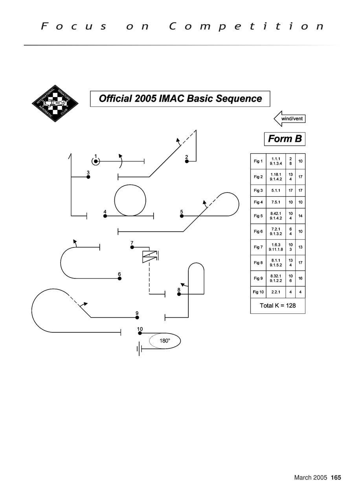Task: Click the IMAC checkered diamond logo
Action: click(55, 103)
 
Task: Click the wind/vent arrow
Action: click(290, 119)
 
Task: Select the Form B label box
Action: click(285, 139)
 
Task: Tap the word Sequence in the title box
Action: click(239, 99)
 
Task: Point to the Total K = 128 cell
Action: click(277, 306)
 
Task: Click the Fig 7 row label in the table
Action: click(258, 247)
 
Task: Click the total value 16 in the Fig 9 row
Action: click(300, 278)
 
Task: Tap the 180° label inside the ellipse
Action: click(165, 341)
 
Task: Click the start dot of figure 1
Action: click(96, 161)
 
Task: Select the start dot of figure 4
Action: click(105, 216)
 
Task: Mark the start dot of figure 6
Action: click(119, 278)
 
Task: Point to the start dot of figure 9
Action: click(137, 317)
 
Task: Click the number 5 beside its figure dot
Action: click(182, 212)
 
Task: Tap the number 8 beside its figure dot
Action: click(179, 289)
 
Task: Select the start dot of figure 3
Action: click(88, 177)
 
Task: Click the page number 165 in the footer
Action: click(336, 478)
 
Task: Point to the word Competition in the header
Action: click(247, 26)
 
